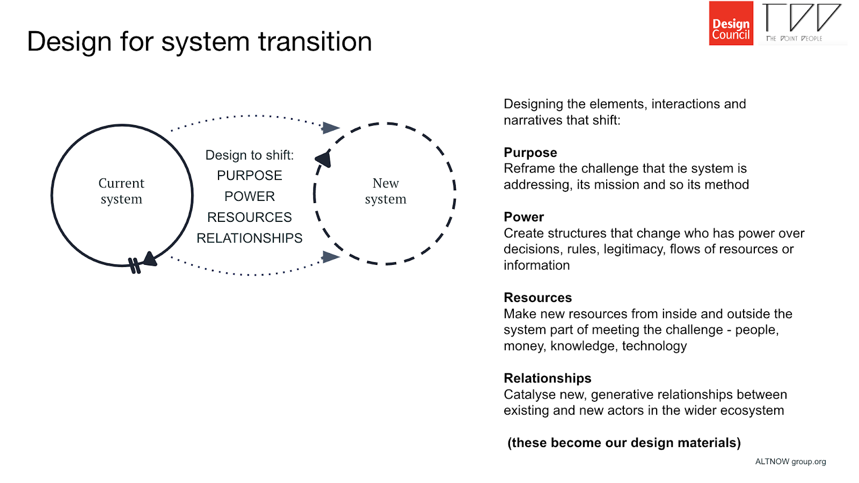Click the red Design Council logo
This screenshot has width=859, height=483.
[731, 23]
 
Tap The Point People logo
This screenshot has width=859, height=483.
[802, 23]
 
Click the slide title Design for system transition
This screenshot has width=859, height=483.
[199, 41]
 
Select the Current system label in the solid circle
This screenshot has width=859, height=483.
[121, 191]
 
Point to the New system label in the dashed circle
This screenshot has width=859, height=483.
[385, 191]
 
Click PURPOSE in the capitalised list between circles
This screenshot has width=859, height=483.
[249, 176]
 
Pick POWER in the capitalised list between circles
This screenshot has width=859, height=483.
[249, 197]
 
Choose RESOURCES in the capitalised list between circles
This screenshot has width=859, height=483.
[249, 217]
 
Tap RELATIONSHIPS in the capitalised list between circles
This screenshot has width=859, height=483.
[249, 238]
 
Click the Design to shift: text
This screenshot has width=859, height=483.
[249, 155]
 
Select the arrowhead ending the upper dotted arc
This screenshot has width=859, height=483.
[331, 128]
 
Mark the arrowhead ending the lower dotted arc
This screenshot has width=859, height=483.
[330, 257]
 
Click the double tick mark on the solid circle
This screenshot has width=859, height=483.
[134, 265]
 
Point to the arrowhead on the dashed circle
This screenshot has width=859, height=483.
[324, 158]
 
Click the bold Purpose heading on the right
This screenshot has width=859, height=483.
[530, 153]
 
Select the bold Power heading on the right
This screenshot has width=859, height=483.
[523, 217]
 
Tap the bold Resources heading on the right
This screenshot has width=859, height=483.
[537, 298]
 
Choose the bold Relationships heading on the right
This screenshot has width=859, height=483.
[547, 378]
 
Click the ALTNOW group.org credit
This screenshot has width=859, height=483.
[790, 462]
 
